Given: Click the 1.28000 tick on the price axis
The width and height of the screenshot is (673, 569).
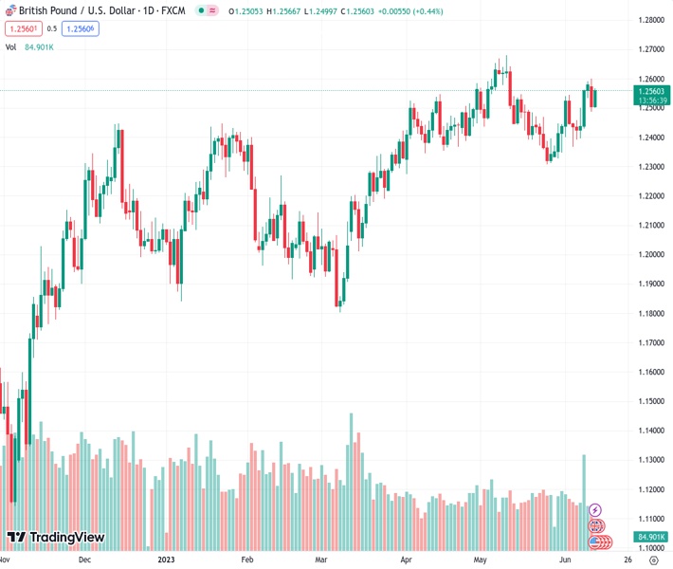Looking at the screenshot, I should click(x=650, y=20).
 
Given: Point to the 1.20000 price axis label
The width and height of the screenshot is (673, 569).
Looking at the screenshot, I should click(x=650, y=254).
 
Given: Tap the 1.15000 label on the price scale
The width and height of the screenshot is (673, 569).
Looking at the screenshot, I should click(x=650, y=401).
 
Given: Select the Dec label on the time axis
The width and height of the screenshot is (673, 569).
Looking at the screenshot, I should click(x=84, y=560).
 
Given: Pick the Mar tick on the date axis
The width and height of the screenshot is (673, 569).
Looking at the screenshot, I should click(x=321, y=560).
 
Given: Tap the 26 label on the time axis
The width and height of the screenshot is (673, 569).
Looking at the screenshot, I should click(x=615, y=560).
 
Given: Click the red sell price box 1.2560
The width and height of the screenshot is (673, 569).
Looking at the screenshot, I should click(x=25, y=28).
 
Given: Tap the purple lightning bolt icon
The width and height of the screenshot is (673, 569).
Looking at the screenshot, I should click(x=595, y=510).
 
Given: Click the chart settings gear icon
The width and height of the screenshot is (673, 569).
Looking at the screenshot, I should click(x=652, y=560).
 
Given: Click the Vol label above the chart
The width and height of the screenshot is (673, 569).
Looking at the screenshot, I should click(x=10, y=46).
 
